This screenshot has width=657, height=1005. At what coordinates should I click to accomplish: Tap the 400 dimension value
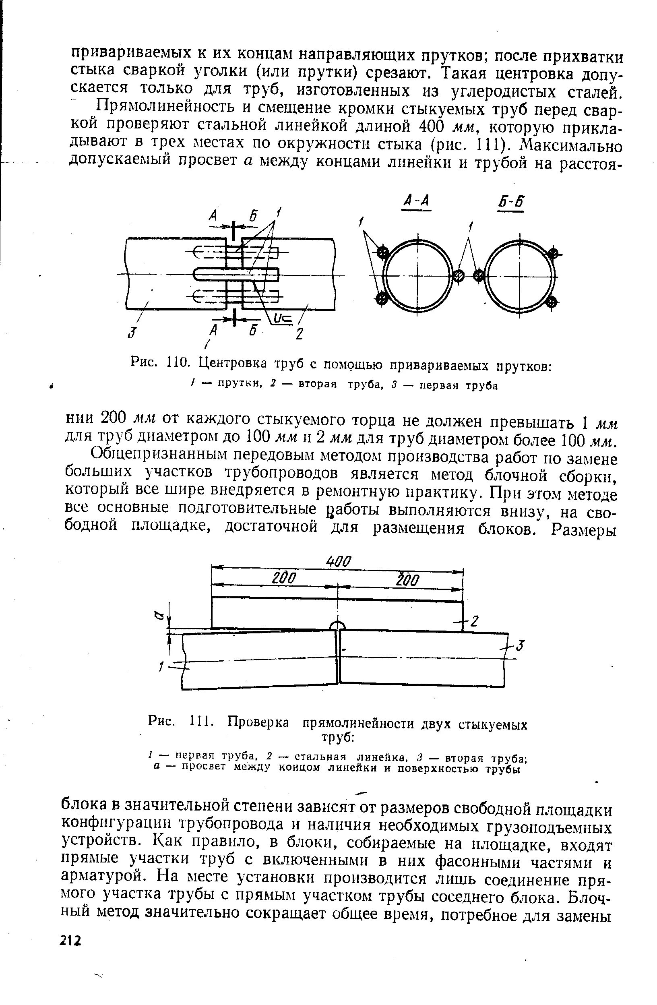pos(339,562)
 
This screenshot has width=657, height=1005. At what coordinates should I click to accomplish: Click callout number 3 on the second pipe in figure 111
pos(521,646)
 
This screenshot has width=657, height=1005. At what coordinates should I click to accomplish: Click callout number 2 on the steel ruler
pos(475,621)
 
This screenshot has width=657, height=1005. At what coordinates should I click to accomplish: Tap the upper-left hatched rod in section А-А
pos(383,253)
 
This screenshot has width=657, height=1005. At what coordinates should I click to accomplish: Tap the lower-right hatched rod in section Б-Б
pos(551,302)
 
